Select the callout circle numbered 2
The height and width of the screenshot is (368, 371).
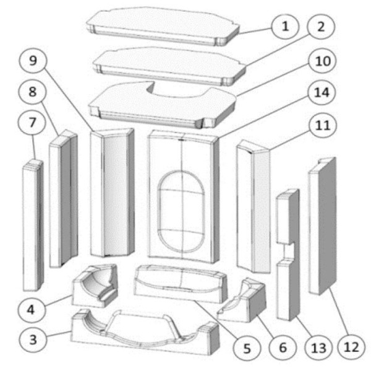pos(321,27)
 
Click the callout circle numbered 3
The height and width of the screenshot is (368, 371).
pos(35,340)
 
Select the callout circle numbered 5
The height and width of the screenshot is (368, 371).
pos(247,349)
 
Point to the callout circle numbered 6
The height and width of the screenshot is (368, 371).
pos(282,349)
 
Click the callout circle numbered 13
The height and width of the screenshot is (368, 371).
pos(317,349)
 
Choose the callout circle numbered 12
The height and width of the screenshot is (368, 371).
pos(351,349)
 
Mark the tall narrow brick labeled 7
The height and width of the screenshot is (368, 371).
pos(32,226)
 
